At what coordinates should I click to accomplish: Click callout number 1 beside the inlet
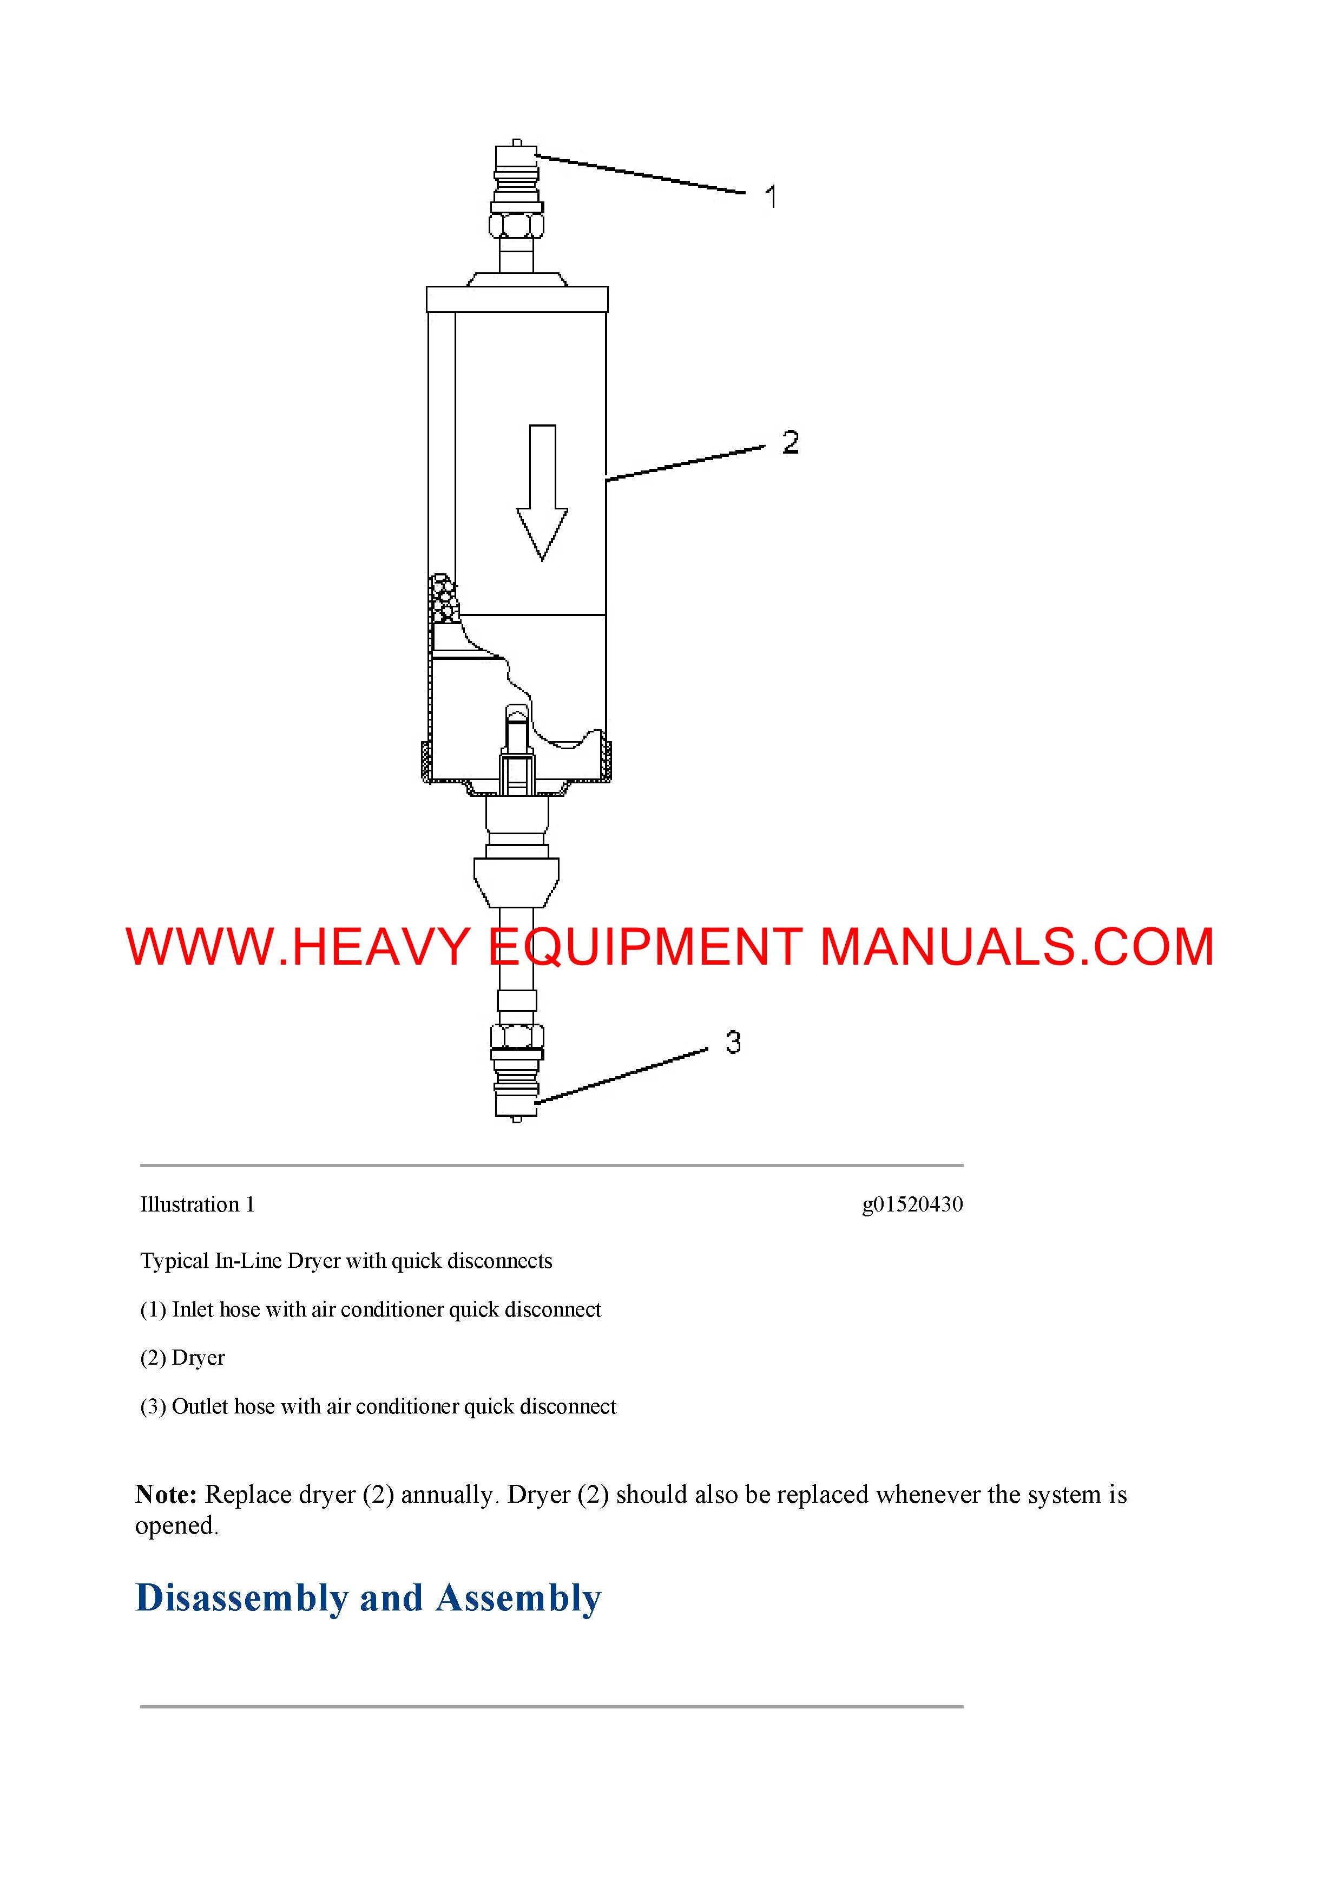click(x=771, y=198)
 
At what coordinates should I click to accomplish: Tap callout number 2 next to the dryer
click(x=791, y=442)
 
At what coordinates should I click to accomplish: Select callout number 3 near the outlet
click(x=733, y=1042)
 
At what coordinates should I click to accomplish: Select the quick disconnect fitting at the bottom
click(x=516, y=1084)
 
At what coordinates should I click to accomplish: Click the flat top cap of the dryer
click(x=517, y=299)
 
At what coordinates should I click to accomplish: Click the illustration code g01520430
click(x=912, y=1204)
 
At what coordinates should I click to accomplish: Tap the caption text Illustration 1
click(x=198, y=1204)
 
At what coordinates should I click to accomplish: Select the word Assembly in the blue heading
click(x=518, y=1598)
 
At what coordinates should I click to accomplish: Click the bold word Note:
click(x=166, y=1495)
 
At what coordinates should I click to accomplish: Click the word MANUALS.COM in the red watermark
click(x=1016, y=947)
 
